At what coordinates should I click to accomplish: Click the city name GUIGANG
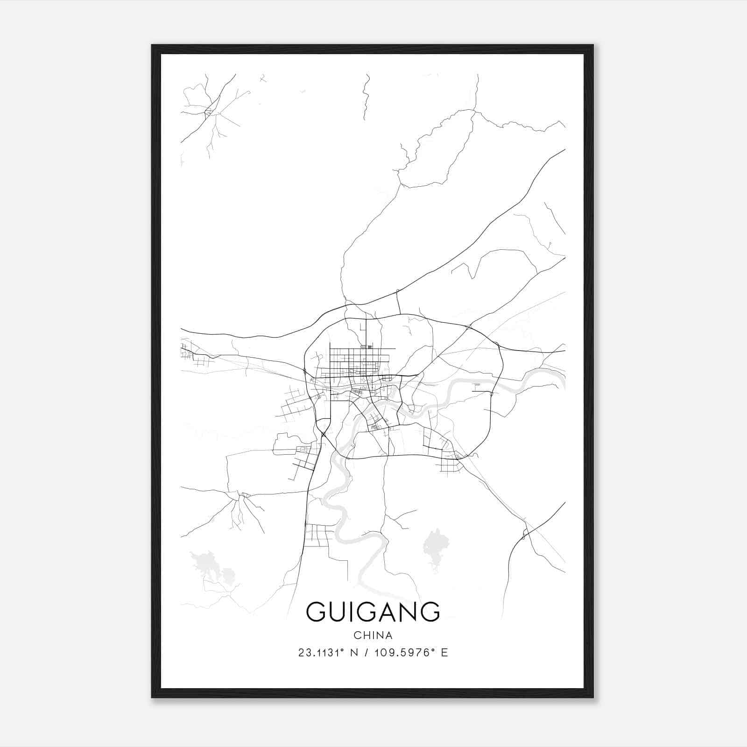(373, 612)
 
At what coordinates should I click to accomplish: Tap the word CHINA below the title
(373, 635)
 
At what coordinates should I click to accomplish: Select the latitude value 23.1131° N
(328, 653)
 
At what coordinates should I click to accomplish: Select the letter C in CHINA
(357, 635)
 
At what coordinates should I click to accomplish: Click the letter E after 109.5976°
(444, 653)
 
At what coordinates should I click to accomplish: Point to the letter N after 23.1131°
(354, 653)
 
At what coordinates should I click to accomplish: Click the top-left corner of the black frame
(152, 46)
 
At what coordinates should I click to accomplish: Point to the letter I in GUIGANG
(352, 612)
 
